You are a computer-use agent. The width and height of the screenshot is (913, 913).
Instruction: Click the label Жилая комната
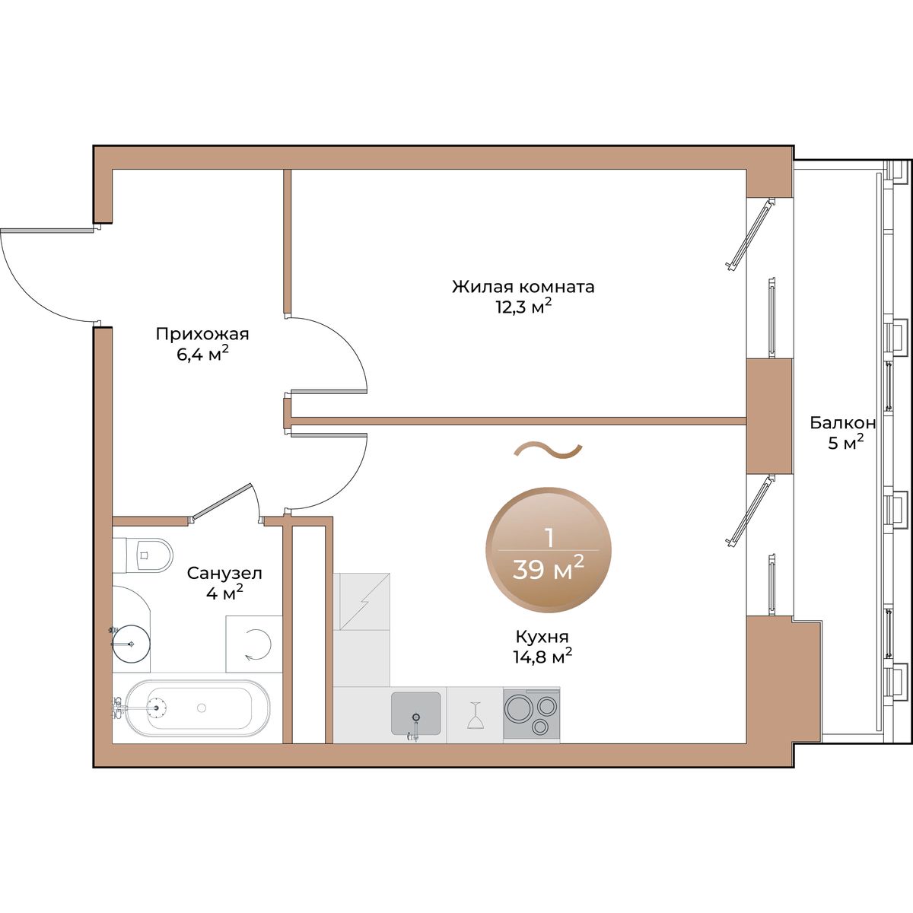[x=523, y=287]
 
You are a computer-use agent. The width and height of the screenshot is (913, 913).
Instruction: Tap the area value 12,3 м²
[x=523, y=307]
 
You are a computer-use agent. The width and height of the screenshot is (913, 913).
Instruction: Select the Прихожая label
[x=202, y=335]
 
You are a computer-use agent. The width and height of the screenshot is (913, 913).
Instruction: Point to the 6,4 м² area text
[x=203, y=354]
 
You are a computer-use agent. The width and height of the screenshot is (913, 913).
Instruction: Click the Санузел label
[x=224, y=574]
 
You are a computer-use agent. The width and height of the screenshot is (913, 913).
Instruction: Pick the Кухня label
[x=542, y=637]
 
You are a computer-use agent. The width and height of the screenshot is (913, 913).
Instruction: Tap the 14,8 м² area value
[x=542, y=656]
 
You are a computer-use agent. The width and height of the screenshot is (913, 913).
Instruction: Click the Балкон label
[x=843, y=422]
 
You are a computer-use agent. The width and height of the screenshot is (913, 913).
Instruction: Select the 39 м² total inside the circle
[x=548, y=568]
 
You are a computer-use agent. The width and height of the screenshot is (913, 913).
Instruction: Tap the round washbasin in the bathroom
[x=131, y=644]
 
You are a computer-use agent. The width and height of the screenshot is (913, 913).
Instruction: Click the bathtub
[x=194, y=708]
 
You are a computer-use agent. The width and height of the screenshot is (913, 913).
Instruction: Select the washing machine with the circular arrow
[x=253, y=644]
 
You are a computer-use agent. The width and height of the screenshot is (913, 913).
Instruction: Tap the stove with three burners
[x=531, y=714]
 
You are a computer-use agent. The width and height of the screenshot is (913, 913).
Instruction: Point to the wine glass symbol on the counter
[x=474, y=715]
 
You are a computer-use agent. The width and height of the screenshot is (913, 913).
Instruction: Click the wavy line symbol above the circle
[x=548, y=450]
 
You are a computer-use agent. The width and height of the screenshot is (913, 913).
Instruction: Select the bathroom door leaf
[x=221, y=501]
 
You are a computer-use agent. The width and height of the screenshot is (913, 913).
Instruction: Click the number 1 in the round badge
[x=549, y=539]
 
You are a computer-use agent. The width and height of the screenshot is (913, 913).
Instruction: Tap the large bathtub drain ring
[x=157, y=708]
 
